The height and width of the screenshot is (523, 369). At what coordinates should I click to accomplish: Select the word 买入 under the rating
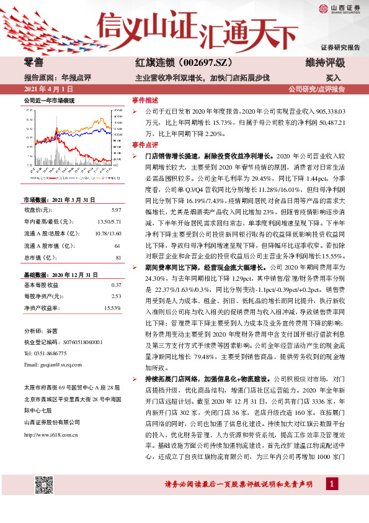334,79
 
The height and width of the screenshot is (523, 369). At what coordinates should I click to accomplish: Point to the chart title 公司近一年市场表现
48,100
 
